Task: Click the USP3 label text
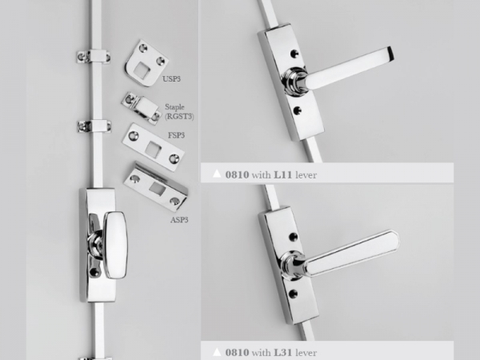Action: pyautogui.click(x=171, y=79)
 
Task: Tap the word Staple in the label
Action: pyautogui.click(x=174, y=107)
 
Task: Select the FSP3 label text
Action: pyautogui.click(x=176, y=135)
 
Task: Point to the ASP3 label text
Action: pyautogui.click(x=179, y=220)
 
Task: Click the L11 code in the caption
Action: pyautogui.click(x=283, y=174)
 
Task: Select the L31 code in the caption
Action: pyautogui.click(x=283, y=352)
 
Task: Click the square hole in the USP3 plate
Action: pyautogui.click(x=141, y=70)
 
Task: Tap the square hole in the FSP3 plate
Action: pyautogui.click(x=153, y=149)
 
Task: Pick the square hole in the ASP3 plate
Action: pyautogui.click(x=158, y=189)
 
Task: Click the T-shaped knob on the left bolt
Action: pyautogui.click(x=116, y=245)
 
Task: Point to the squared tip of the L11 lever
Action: pyautogui.click(x=390, y=54)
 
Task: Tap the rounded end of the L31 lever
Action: pyautogui.click(x=394, y=238)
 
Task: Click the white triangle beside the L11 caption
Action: pyautogui.click(x=217, y=174)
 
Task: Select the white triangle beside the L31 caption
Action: pyautogui.click(x=217, y=351)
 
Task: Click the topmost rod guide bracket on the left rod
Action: pyautogui.click(x=93, y=56)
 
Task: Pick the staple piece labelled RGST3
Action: pyautogui.click(x=141, y=108)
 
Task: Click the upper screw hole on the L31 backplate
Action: pyautogui.click(x=293, y=236)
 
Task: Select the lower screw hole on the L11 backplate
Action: pyautogui.click(x=297, y=110)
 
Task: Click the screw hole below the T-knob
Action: pyautogui.click(x=94, y=271)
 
